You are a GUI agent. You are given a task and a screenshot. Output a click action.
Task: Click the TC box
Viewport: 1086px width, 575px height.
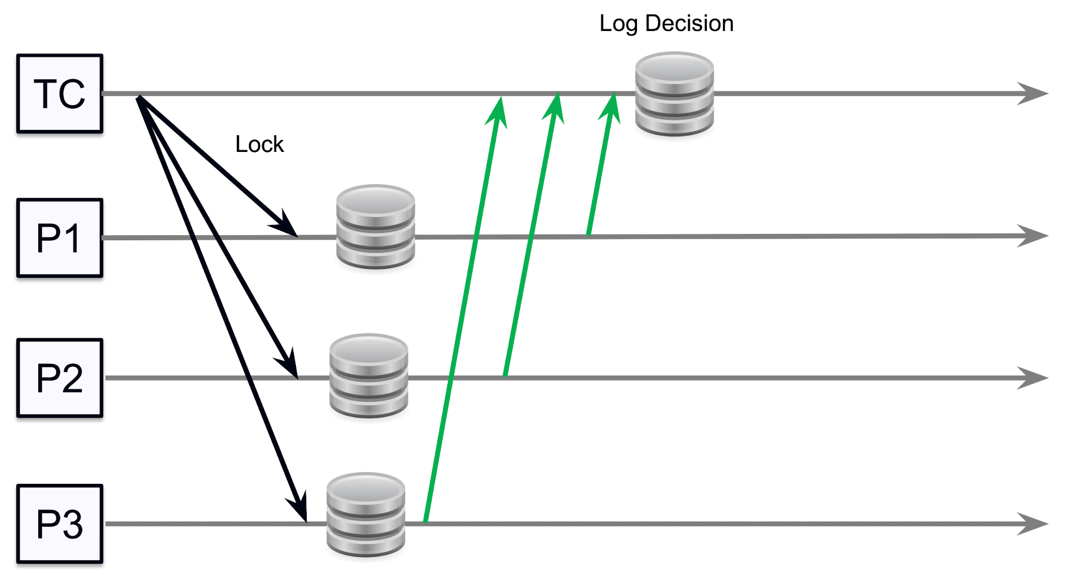click(60, 94)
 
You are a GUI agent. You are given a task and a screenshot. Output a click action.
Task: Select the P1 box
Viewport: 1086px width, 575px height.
click(60, 238)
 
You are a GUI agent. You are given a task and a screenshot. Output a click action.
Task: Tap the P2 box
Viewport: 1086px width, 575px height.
click(60, 378)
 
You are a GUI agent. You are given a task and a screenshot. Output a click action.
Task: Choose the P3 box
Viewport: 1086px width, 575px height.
click(60, 524)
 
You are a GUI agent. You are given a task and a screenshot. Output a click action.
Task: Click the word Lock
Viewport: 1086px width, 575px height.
click(259, 145)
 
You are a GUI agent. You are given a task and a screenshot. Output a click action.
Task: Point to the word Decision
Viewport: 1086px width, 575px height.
click(689, 24)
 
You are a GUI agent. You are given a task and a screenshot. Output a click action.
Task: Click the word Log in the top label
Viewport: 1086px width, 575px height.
click(618, 24)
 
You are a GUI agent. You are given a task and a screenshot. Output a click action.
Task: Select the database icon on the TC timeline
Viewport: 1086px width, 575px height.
click(674, 94)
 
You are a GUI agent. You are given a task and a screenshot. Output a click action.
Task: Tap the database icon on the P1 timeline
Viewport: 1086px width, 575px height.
click(375, 227)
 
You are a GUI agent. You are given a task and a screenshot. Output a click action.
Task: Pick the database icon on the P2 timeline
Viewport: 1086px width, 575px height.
click(369, 376)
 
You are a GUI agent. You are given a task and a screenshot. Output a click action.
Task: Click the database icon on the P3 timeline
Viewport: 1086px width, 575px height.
click(366, 514)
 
